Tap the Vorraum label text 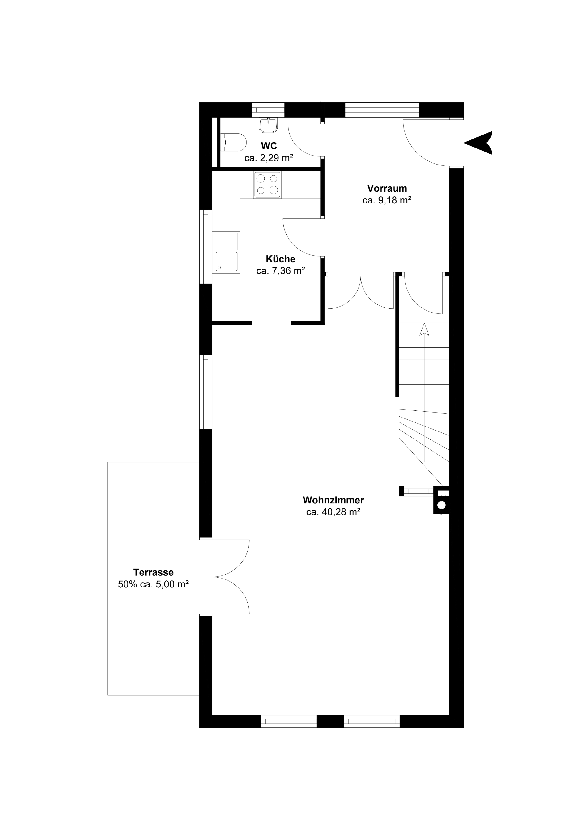coord(387,188)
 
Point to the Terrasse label coord(153,572)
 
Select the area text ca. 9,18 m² coord(387,200)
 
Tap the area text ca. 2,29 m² coord(269,158)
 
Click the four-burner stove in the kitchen coord(267,185)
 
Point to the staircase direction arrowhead coord(424,329)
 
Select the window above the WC coord(268,110)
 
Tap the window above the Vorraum coord(382,110)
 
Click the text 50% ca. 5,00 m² coord(153,584)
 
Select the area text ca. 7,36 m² coord(281,271)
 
